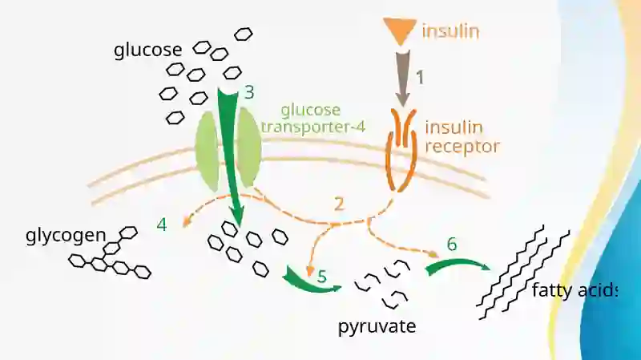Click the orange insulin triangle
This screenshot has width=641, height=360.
(400, 30)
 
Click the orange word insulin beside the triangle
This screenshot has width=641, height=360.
(450, 31)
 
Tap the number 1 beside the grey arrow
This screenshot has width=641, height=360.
(420, 77)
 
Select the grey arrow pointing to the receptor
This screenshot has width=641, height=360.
(403, 78)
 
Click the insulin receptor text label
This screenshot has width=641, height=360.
(462, 136)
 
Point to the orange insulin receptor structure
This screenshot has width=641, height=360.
(402, 149)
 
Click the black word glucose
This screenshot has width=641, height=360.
(148, 51)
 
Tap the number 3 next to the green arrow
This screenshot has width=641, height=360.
(249, 92)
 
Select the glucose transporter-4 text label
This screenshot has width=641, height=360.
(312, 118)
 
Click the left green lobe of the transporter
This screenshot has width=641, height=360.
(208, 151)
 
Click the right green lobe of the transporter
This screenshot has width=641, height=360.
(249, 148)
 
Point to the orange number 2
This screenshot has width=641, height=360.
(339, 204)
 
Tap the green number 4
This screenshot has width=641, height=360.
(162, 224)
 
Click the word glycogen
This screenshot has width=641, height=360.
(66, 236)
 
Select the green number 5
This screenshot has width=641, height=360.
(322, 277)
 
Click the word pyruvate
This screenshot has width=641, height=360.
(377, 327)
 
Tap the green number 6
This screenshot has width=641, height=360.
(452, 245)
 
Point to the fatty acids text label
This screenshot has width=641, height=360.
(574, 290)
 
